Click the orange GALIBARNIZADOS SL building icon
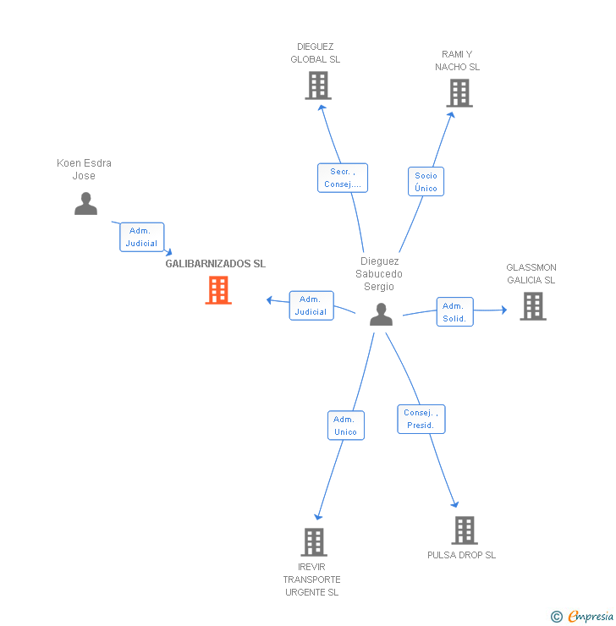(218, 290)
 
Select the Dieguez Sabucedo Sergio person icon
(382, 315)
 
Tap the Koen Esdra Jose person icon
(85, 204)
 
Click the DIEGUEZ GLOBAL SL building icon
(317, 85)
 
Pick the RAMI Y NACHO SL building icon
(459, 93)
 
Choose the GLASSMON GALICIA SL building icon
(532, 306)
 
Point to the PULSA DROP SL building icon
(464, 530)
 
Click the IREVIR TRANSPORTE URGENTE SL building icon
(313, 542)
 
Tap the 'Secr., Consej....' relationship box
(343, 178)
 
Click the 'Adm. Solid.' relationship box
(454, 312)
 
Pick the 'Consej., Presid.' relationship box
(421, 419)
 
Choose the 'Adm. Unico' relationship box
(345, 426)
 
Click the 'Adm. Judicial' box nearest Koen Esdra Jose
(141, 237)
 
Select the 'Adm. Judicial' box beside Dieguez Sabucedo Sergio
(311, 305)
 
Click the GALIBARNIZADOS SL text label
(215, 264)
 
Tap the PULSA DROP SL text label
(461, 555)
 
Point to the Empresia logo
(591, 617)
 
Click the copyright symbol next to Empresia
(557, 617)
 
